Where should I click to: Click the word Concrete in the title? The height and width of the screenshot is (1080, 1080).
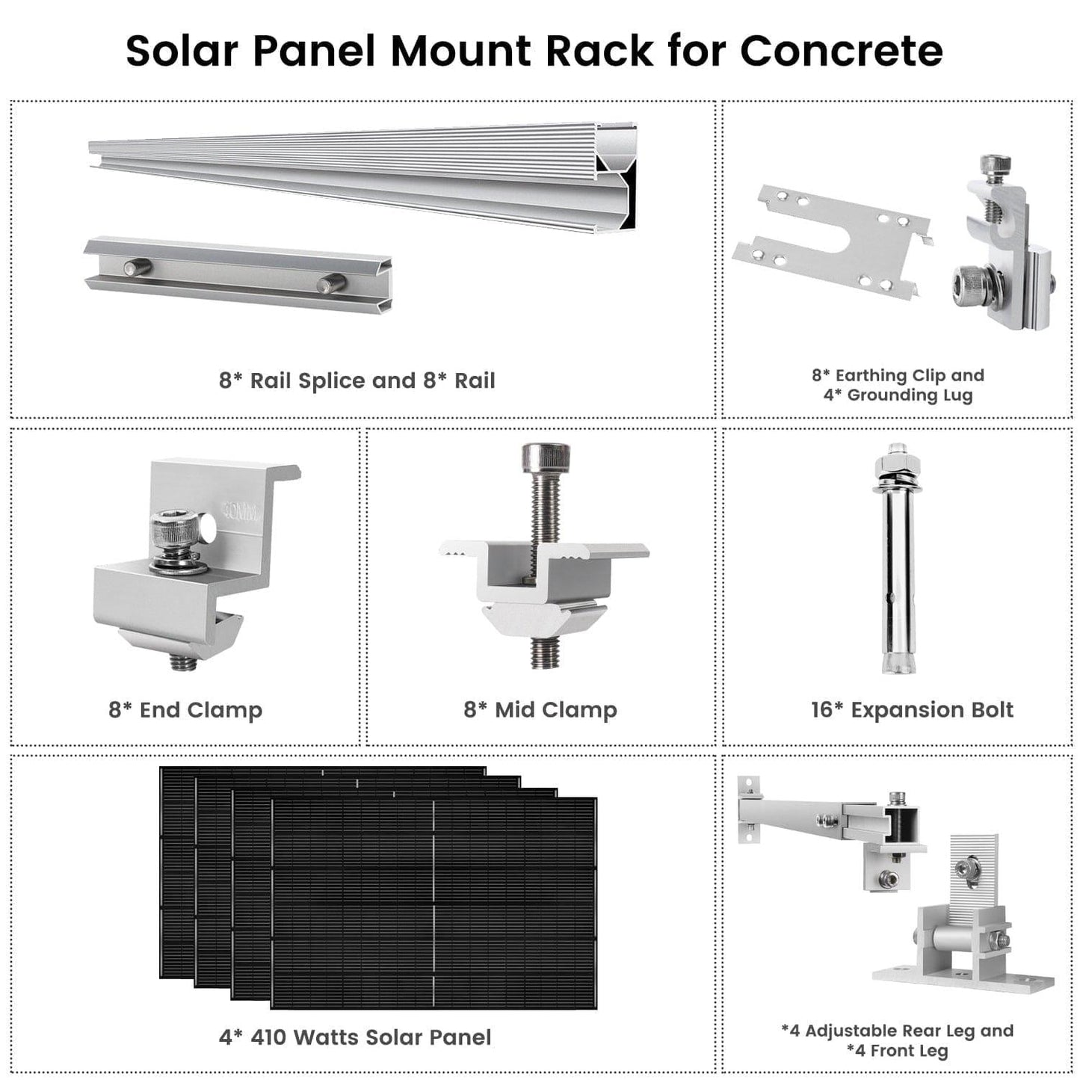[841, 51]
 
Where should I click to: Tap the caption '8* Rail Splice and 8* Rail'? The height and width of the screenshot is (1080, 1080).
[357, 380]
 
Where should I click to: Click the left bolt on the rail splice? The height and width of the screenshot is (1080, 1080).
[138, 267]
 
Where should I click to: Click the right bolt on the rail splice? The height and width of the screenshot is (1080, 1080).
[330, 284]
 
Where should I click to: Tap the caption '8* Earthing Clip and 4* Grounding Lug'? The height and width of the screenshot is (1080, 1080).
[898, 385]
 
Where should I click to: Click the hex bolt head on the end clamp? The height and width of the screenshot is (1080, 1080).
[173, 532]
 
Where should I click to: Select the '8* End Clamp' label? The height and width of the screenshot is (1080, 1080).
[185, 709]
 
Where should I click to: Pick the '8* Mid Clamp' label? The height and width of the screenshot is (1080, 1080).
[540, 709]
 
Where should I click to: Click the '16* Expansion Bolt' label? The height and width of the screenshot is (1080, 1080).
[912, 709]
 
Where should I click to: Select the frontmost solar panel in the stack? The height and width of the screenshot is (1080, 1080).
[433, 904]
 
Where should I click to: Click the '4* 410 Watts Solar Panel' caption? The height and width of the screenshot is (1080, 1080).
[355, 1037]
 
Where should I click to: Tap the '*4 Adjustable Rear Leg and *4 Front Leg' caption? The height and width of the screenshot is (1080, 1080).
[897, 1040]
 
